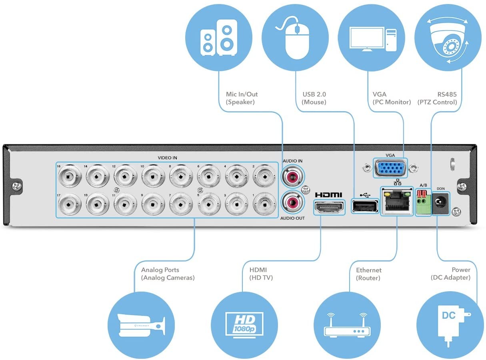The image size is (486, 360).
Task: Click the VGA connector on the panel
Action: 390,168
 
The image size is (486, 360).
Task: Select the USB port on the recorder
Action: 365,206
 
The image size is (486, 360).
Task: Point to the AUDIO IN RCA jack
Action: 292,176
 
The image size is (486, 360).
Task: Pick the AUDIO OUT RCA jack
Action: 292,203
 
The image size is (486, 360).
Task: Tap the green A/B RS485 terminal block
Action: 423,204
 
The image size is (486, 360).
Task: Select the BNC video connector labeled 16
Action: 70,176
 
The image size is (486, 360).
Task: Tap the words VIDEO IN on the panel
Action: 167,158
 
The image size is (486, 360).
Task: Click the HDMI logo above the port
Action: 329,195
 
